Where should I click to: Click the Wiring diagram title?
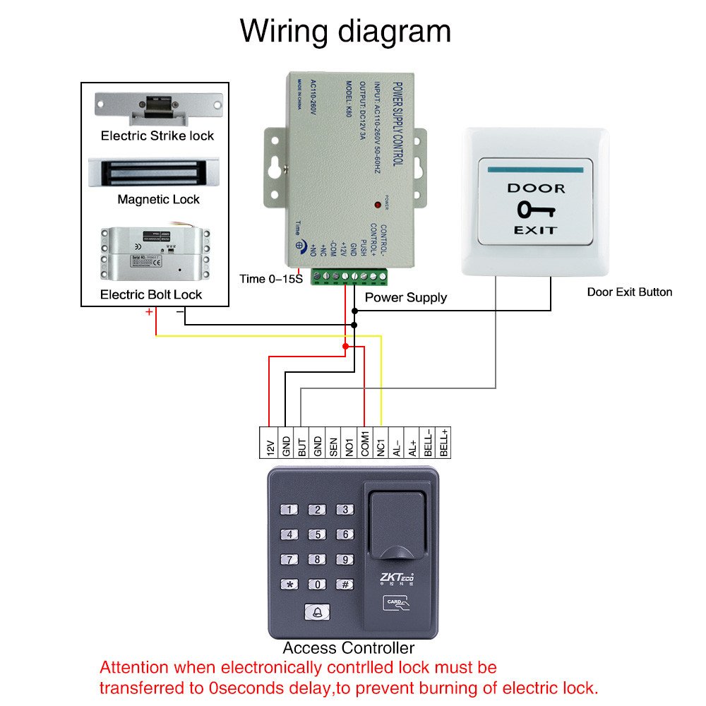point(345,32)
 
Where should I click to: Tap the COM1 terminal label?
point(365,443)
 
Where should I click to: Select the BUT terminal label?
point(301,443)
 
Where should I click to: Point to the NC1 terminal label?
point(381,443)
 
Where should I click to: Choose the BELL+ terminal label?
point(444,443)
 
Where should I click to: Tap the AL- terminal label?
point(397,444)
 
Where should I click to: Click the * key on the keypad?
point(290,585)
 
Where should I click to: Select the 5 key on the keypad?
point(318,535)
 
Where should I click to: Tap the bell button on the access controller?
point(317,612)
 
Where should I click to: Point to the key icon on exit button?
point(535,210)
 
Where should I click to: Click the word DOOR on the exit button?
point(536,189)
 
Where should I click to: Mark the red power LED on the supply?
point(378,205)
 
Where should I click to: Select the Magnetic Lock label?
point(158,200)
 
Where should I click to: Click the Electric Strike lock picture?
point(155,107)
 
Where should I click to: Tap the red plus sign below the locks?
point(149,311)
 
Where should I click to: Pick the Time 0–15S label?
point(270,279)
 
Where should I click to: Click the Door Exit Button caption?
point(630,292)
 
